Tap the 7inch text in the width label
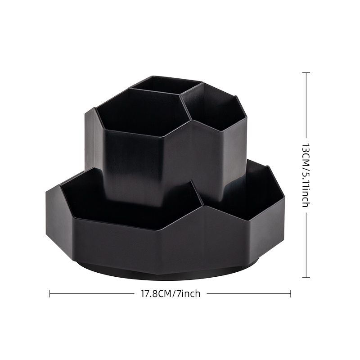point(188,294)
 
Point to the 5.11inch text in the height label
point(306,188)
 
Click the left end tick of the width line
point(50,294)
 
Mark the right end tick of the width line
point(291,294)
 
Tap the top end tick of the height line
point(306,72)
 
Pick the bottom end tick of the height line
point(306,277)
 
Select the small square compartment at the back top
point(166,85)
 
